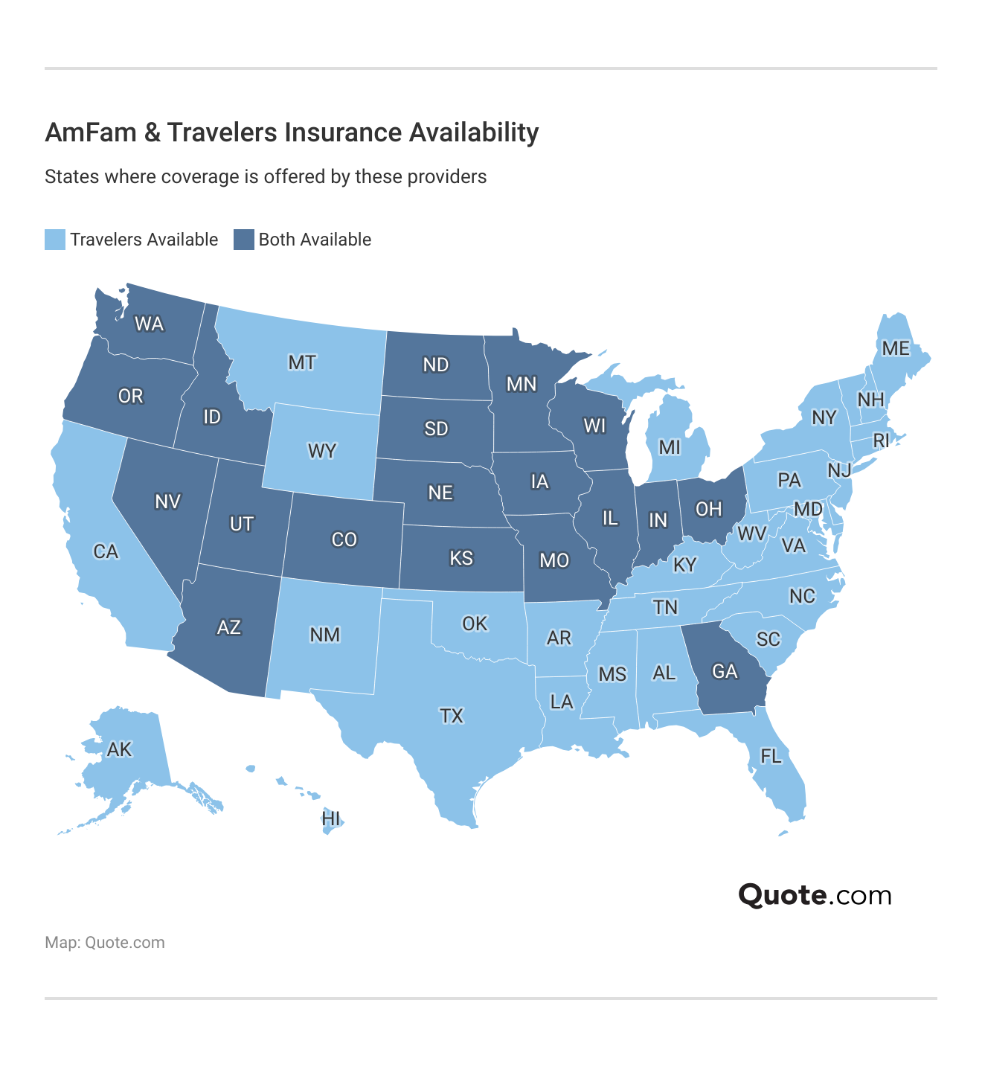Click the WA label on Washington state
coord(149,324)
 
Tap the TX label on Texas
coord(452,716)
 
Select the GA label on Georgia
coord(725,672)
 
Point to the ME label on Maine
coord(896,348)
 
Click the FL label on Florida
coord(771,757)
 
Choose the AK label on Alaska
coord(119,749)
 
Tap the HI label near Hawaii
coord(331,819)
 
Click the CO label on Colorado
coord(344,539)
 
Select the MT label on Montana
coord(302,362)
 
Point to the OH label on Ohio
coord(708,509)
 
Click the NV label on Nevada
coord(167,502)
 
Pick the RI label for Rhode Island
coord(881,441)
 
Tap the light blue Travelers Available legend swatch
coord(55,240)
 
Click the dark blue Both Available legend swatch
coord(244,240)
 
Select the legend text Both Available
coord(315,240)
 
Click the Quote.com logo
coord(815,895)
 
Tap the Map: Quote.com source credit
coord(105,943)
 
